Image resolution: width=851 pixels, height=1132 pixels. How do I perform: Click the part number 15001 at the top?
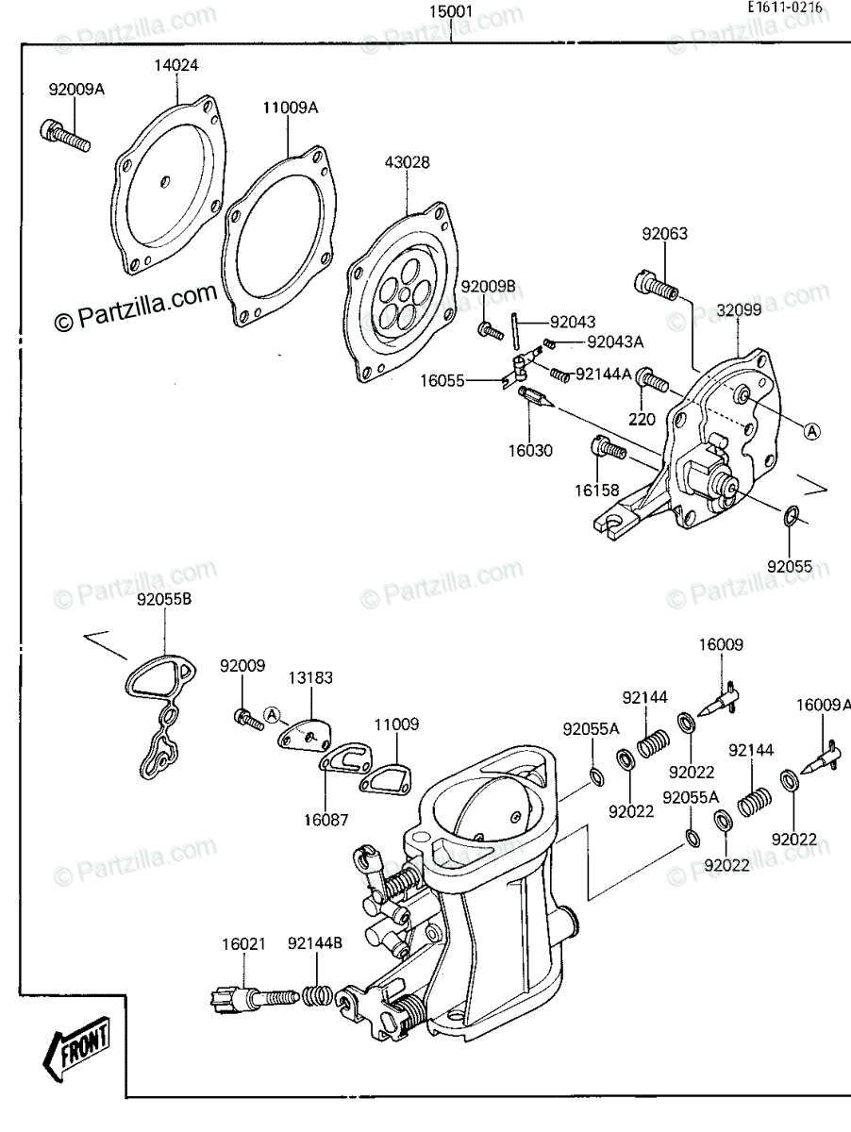click(x=451, y=11)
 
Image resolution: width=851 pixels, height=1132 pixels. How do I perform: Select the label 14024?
click(x=176, y=65)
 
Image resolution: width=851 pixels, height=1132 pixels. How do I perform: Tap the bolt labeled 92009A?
click(x=64, y=135)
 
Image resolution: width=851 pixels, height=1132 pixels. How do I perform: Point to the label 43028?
click(x=407, y=162)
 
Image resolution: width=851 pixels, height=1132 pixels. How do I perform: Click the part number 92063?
click(x=665, y=234)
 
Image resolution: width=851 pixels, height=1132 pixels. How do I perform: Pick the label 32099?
click(x=739, y=309)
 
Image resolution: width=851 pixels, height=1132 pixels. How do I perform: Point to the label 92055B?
click(x=164, y=600)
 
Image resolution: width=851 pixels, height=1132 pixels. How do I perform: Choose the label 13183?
click(x=310, y=677)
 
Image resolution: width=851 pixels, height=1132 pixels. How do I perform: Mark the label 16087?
click(x=325, y=820)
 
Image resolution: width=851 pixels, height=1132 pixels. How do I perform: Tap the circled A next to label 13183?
click(x=272, y=714)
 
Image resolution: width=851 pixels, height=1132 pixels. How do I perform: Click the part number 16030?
click(x=530, y=450)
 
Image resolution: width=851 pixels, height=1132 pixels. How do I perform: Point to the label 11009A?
click(x=291, y=108)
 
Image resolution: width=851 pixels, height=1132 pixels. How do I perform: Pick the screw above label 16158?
click(x=609, y=447)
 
